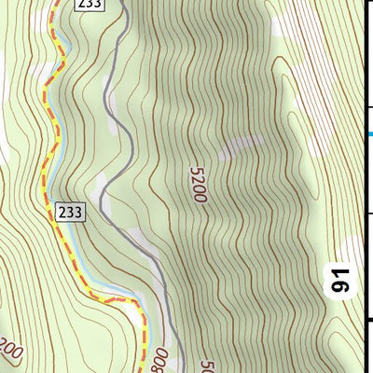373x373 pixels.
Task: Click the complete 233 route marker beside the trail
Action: tap(70, 212)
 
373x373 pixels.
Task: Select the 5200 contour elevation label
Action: tap(197, 185)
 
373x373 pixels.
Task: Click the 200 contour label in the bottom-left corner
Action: tap(9, 351)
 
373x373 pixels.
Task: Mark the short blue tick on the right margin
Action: tap(369, 134)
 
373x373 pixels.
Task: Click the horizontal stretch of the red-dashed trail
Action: tap(117, 301)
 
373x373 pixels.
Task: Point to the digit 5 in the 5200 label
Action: tap(195, 171)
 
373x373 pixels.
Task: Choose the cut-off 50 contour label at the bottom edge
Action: tap(207, 366)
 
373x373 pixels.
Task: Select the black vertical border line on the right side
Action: tap(362, 186)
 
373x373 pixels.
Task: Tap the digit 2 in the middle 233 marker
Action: tap(62, 212)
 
